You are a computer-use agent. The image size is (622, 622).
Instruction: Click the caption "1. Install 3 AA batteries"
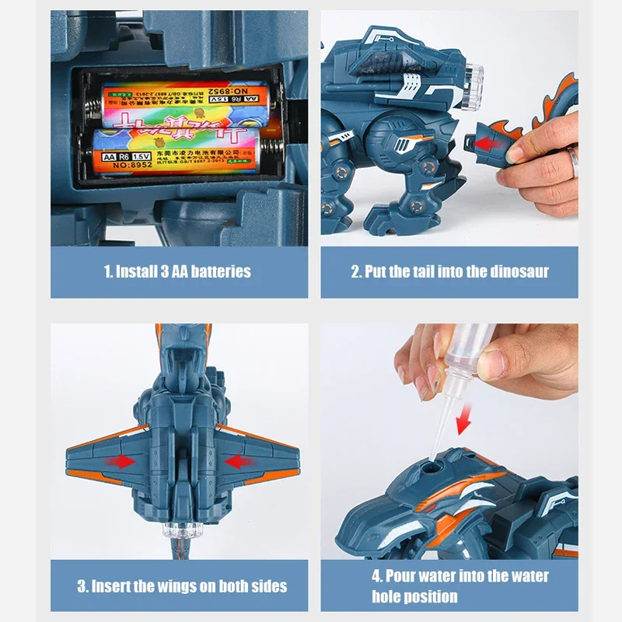click(x=178, y=271)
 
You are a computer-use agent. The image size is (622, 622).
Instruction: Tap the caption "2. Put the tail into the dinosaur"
click(x=449, y=271)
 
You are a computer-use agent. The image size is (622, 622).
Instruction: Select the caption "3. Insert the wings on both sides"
click(x=181, y=585)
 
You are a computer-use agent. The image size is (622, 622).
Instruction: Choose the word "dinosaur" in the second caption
click(x=520, y=271)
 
